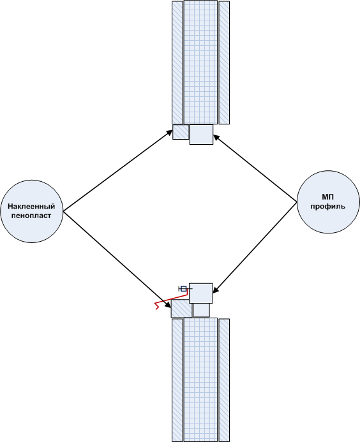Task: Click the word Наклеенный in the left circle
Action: (31, 207)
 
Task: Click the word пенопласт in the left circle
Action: (31, 216)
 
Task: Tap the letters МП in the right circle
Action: (328, 196)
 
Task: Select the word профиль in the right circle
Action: (328, 207)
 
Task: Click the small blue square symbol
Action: (183, 289)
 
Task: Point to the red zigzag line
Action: (171, 299)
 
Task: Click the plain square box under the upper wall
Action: (201, 135)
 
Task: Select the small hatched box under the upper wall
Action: (181, 132)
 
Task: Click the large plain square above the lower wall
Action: (201, 293)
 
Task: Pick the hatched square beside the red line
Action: (181, 309)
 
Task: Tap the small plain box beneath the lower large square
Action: (202, 310)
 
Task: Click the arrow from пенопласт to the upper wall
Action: (117, 170)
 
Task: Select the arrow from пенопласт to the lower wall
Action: (117, 260)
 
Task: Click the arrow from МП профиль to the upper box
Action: (255, 168)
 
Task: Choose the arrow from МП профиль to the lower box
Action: (255, 247)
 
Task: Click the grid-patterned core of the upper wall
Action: (200, 63)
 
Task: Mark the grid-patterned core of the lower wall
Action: (200, 379)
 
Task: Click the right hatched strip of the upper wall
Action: (224, 63)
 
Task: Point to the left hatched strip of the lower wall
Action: (177, 380)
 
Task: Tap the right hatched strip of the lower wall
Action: (224, 380)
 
